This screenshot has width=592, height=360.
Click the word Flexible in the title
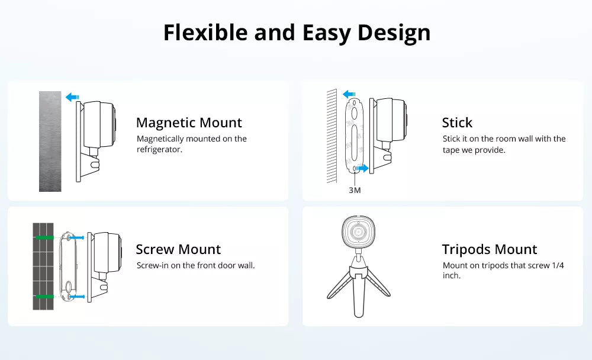click(205, 33)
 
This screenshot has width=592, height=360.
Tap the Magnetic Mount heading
click(189, 123)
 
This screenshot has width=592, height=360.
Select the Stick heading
click(457, 123)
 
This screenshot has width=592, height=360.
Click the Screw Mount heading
click(178, 249)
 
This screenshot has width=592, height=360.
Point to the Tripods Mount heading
click(490, 249)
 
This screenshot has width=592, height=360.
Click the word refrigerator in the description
click(159, 149)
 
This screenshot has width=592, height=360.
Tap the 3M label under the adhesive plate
click(355, 190)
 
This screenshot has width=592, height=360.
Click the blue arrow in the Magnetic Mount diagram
click(72, 98)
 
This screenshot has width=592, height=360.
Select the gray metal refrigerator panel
click(50, 142)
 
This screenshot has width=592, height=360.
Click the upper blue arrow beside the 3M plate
click(349, 94)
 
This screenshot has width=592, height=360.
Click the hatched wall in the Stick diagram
click(332, 136)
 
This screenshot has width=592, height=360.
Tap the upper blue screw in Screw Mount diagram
click(77, 237)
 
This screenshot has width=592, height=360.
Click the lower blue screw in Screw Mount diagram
click(77, 297)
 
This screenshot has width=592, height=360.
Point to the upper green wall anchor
click(44, 237)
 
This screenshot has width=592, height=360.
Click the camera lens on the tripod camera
click(358, 231)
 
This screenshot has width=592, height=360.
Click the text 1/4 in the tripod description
click(558, 266)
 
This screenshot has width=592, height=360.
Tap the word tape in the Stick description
click(451, 150)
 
